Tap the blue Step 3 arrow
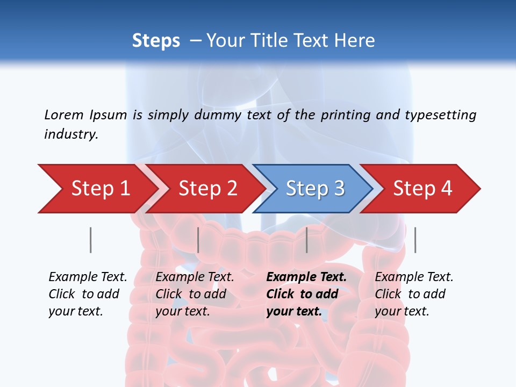(315, 189)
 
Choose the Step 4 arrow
(422, 189)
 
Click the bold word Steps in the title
(156, 41)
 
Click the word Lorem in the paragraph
(63, 115)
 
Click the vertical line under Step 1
(91, 240)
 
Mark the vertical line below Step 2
(198, 240)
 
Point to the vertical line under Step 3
(307, 240)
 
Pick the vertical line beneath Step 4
(415, 240)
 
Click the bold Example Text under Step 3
(306, 277)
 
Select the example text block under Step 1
(87, 294)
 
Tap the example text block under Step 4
(413, 294)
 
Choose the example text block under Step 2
(194, 294)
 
